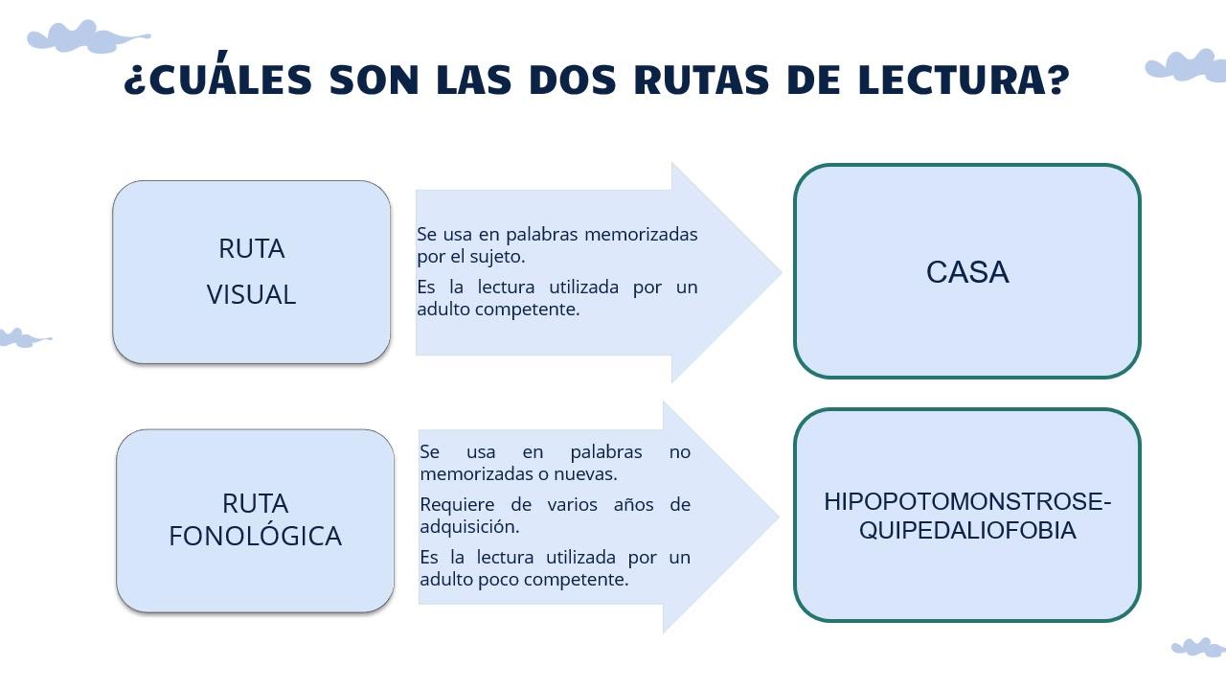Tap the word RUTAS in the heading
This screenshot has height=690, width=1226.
702,80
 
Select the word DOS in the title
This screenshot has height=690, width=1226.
573,80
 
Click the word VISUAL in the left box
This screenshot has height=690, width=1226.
251,294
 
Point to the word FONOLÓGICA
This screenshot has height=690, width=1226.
255,536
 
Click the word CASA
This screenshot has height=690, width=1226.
967,272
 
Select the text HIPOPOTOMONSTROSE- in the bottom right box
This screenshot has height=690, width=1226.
967,501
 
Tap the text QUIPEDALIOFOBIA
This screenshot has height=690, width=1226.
967,531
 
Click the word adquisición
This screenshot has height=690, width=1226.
469,527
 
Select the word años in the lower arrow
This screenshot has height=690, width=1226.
633,504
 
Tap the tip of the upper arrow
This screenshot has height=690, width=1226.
782,272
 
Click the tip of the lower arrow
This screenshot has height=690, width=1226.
779,516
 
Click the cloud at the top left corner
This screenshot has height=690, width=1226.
87,37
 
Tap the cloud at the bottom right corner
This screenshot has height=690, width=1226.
1198,647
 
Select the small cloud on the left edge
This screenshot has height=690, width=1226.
23,338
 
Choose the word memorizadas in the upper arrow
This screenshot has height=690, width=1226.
641,235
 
